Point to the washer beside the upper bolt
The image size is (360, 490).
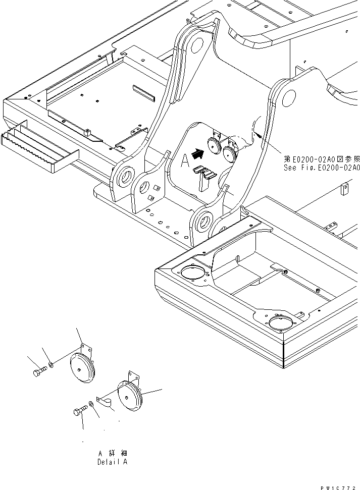(x=53, y=365)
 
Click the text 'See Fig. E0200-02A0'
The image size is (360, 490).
(x=322, y=168)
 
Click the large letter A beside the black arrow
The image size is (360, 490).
(x=185, y=160)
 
